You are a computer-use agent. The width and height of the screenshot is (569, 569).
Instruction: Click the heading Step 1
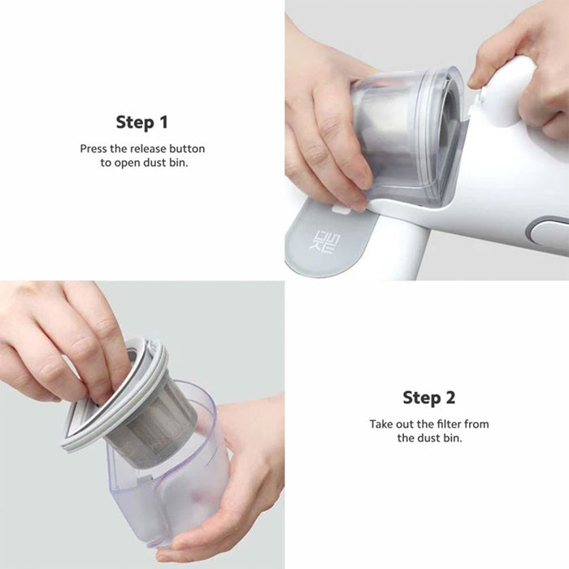click(x=142, y=122)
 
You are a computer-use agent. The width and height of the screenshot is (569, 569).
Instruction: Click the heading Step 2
click(x=429, y=397)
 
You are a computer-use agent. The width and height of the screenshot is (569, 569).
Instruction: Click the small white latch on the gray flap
click(x=341, y=210)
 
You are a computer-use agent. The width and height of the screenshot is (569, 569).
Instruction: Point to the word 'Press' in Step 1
click(x=93, y=149)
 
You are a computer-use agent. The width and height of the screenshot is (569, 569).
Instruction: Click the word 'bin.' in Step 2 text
click(x=453, y=438)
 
